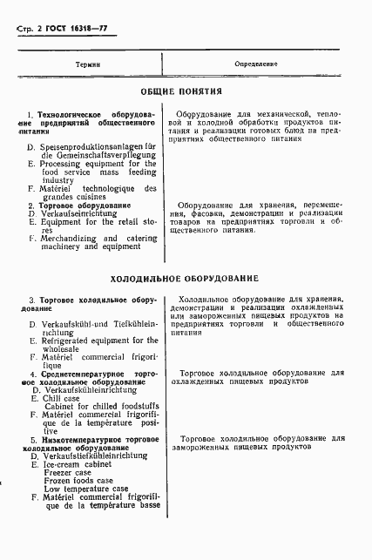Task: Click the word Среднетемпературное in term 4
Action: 88,374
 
